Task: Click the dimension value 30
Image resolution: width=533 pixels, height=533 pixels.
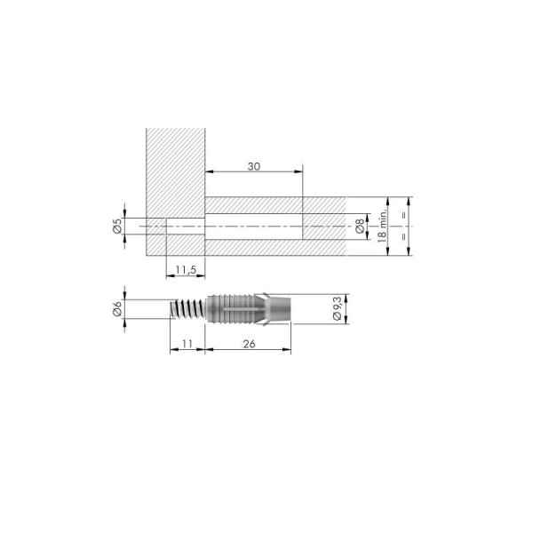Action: [254, 167]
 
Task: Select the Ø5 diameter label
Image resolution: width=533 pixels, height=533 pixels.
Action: [117, 226]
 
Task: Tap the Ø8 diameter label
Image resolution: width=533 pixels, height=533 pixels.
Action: [360, 227]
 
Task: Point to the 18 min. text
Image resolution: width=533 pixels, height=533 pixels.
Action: [382, 226]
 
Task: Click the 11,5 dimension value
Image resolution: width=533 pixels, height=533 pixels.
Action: [186, 270]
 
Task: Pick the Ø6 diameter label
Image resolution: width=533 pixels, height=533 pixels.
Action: [117, 309]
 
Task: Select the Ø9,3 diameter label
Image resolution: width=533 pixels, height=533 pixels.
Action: [337, 308]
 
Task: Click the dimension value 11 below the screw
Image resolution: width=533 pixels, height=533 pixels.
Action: [187, 344]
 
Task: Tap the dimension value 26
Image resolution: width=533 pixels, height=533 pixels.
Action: [249, 344]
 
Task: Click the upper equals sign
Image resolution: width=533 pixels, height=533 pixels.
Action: [404, 215]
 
